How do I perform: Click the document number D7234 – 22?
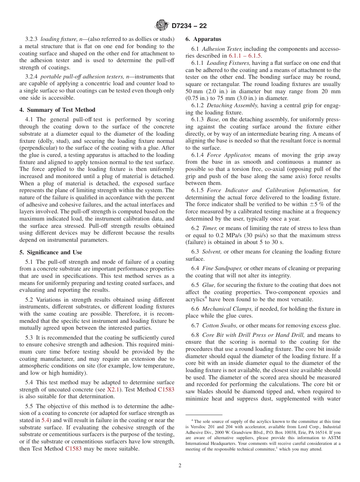tap(189, 26)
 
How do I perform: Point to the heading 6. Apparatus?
tap(203, 39)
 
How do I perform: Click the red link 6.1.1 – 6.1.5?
tap(245, 56)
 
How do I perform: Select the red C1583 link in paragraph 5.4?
tap(166, 390)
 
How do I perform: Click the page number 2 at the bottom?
tap(180, 466)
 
